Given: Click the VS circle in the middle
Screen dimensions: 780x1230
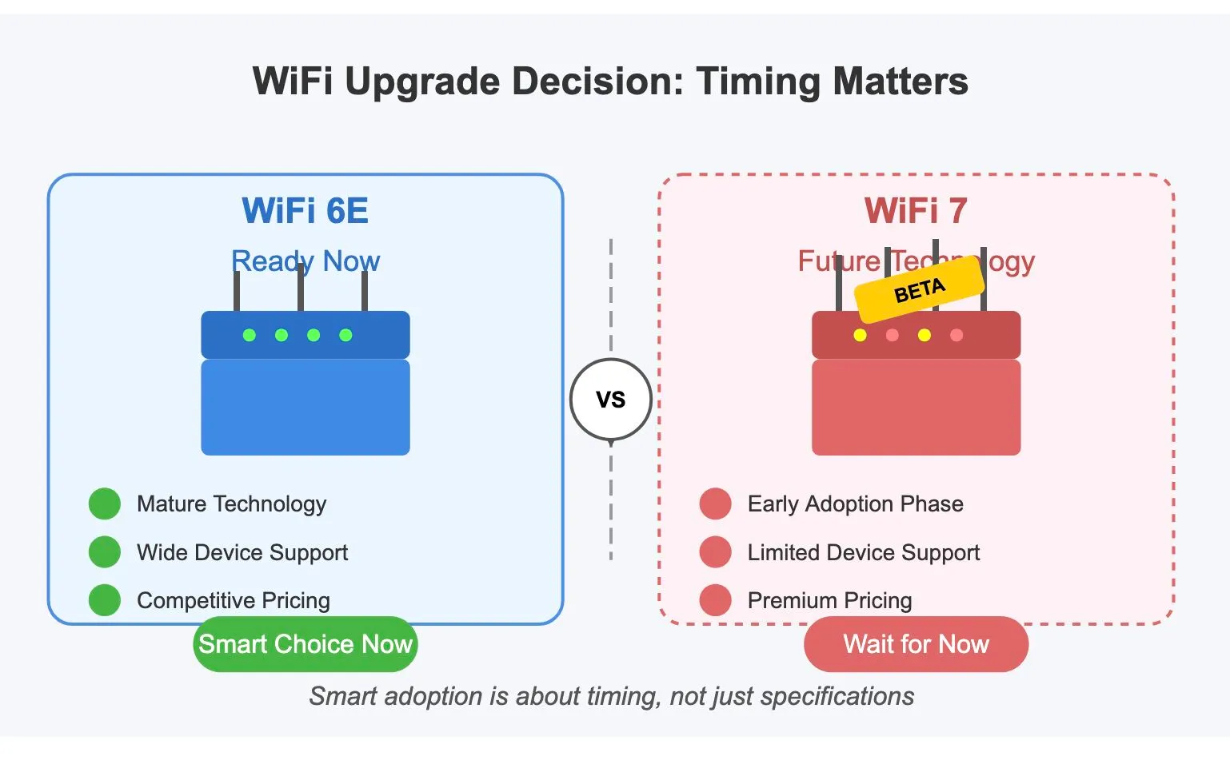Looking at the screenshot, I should [610, 399].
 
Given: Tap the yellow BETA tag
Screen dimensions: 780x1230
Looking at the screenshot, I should [920, 289].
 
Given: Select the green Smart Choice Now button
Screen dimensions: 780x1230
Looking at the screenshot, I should [305, 644].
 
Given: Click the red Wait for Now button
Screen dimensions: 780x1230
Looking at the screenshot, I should [916, 644].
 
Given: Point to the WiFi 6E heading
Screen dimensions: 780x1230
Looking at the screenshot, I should [305, 211].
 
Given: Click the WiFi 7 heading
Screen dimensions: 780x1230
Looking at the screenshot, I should [916, 211].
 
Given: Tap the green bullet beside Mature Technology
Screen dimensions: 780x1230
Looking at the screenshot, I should [105, 504].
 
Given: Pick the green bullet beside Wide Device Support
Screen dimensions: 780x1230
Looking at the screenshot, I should [105, 552].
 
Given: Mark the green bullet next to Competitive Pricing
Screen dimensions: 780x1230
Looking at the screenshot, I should [105, 600].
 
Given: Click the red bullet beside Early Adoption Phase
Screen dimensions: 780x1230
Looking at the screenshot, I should [715, 504].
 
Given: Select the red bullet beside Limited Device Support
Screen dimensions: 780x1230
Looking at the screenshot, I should [715, 552].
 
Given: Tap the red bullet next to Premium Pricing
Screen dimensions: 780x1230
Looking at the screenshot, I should [715, 600].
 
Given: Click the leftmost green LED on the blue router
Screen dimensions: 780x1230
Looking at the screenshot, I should [250, 335].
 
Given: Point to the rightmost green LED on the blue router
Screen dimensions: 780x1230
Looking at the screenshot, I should [345, 335].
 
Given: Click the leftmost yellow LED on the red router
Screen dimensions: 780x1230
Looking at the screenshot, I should [860, 335].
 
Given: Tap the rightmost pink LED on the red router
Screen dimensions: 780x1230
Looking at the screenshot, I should [956, 335].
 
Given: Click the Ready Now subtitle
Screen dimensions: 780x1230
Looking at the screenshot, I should [305, 261].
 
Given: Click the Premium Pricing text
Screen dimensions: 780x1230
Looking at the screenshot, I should [829, 600].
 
